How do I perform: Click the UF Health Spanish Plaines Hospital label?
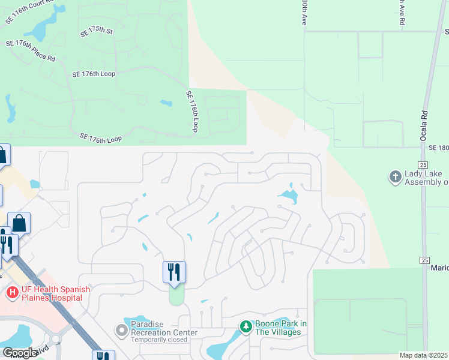[52, 293]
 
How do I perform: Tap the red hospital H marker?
[11, 293]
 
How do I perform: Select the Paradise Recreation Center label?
[164, 329]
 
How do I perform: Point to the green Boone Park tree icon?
[246, 327]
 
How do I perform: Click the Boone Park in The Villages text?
[281, 328]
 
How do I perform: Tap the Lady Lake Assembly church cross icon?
[395, 176]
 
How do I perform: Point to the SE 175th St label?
[97, 31]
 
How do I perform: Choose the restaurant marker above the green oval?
[174, 272]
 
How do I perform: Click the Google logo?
[20, 353]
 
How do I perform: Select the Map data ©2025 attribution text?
[423, 355]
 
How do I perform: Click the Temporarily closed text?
[158, 339]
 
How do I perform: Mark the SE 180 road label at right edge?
[439, 147]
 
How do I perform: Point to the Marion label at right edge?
[439, 268]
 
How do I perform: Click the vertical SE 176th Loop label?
[192, 112]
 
